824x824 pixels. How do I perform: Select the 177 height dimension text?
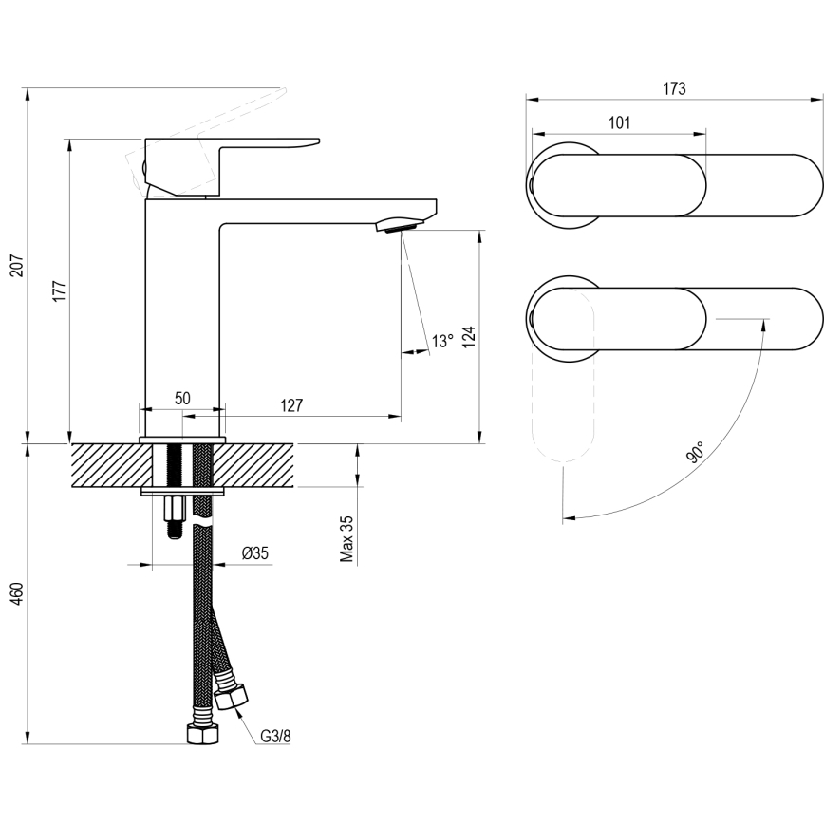click(58, 290)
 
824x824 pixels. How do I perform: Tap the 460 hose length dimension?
click(15, 593)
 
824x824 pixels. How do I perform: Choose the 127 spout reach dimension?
click(291, 405)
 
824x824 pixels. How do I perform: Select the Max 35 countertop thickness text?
click(347, 539)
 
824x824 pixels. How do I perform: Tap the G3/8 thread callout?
click(276, 734)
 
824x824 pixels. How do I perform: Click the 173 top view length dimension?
click(673, 88)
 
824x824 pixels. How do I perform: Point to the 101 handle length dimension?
click(618, 122)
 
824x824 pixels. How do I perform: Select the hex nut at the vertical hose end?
click(202, 736)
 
